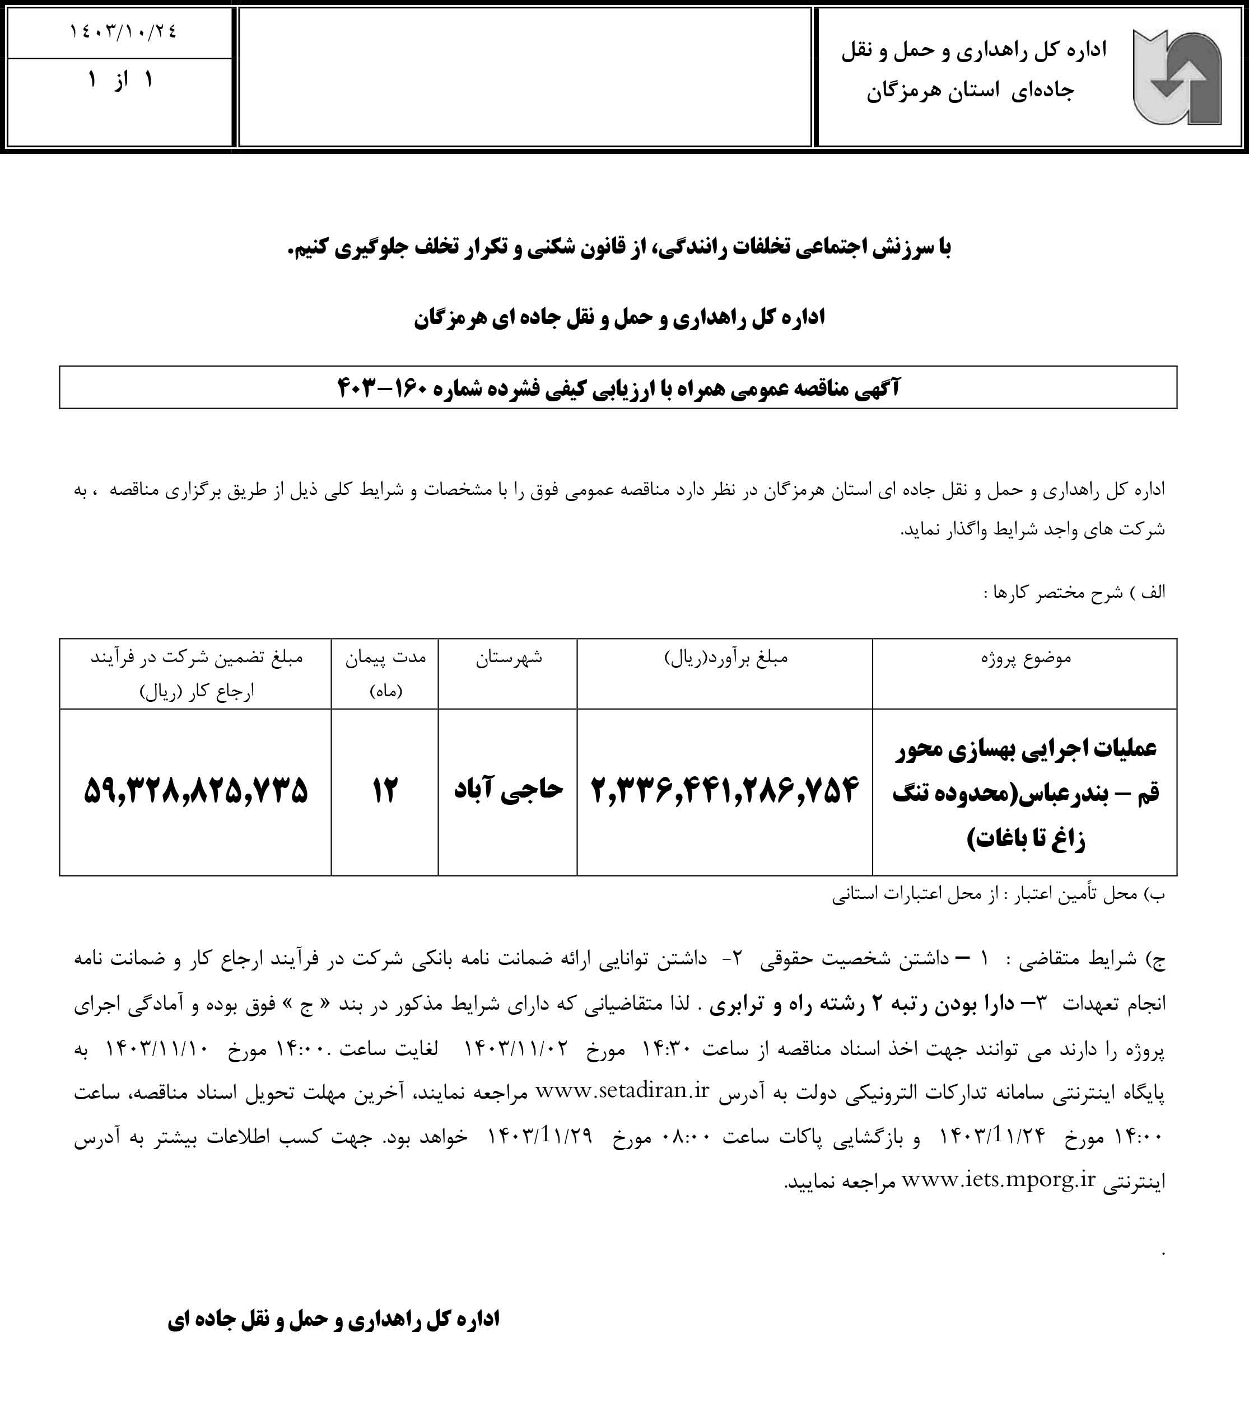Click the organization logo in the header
1176,77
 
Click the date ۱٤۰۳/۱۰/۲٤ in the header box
123,32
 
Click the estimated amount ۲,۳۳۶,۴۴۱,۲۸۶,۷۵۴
724,790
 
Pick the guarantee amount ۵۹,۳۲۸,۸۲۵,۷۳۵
195,790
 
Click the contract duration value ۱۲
385,790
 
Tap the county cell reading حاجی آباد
508,789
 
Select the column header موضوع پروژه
1025,658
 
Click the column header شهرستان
508,658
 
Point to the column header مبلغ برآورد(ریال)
725,658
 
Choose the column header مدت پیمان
385,658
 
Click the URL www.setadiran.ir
622,1091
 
